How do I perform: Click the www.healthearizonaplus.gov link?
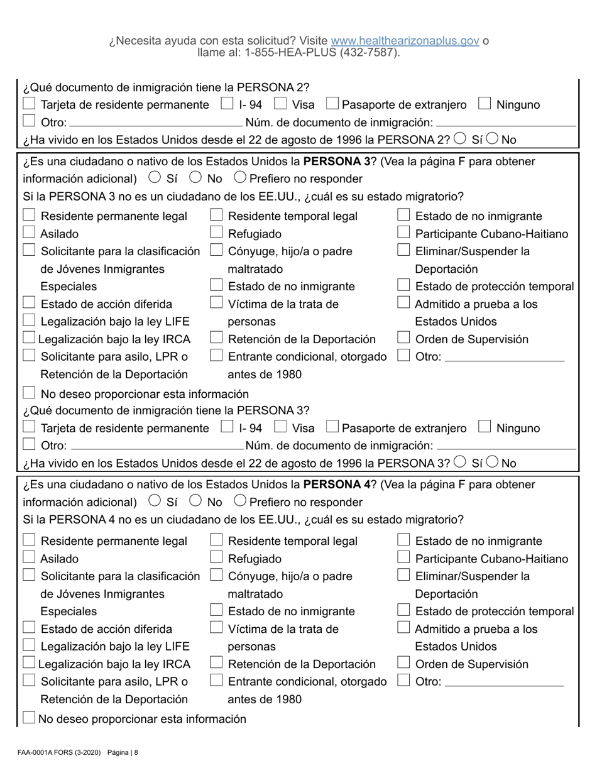pos(405,41)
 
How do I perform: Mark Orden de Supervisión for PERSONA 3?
pos(404,339)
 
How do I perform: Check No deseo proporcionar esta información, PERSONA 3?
pos(29,393)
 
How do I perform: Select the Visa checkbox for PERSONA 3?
pos(281,428)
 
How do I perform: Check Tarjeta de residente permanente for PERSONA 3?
pos(29,428)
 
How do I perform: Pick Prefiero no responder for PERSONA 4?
pos(240,502)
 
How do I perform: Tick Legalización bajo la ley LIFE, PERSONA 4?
pos(29,646)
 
